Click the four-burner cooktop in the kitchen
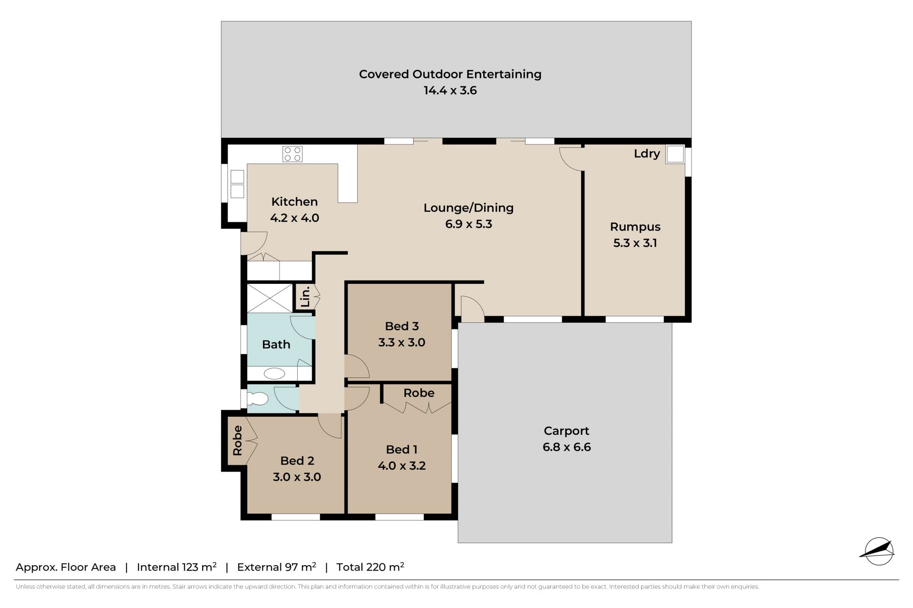click(x=292, y=154)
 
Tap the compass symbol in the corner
click(x=878, y=551)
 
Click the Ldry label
click(x=647, y=154)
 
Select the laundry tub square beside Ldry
click(x=675, y=154)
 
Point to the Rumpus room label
click(x=635, y=227)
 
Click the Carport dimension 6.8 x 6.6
click(x=566, y=447)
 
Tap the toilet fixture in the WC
click(x=257, y=398)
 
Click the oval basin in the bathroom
click(x=274, y=374)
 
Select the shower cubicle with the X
click(x=270, y=298)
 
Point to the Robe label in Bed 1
click(x=419, y=393)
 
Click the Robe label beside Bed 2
click(x=237, y=440)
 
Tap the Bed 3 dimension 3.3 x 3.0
click(x=402, y=342)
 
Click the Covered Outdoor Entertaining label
click(x=450, y=74)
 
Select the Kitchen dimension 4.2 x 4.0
click(x=294, y=218)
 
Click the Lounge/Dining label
click(x=468, y=208)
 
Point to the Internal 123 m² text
click(x=177, y=567)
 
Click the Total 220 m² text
click(x=370, y=567)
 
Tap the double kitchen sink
click(x=237, y=184)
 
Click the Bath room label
click(x=276, y=344)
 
